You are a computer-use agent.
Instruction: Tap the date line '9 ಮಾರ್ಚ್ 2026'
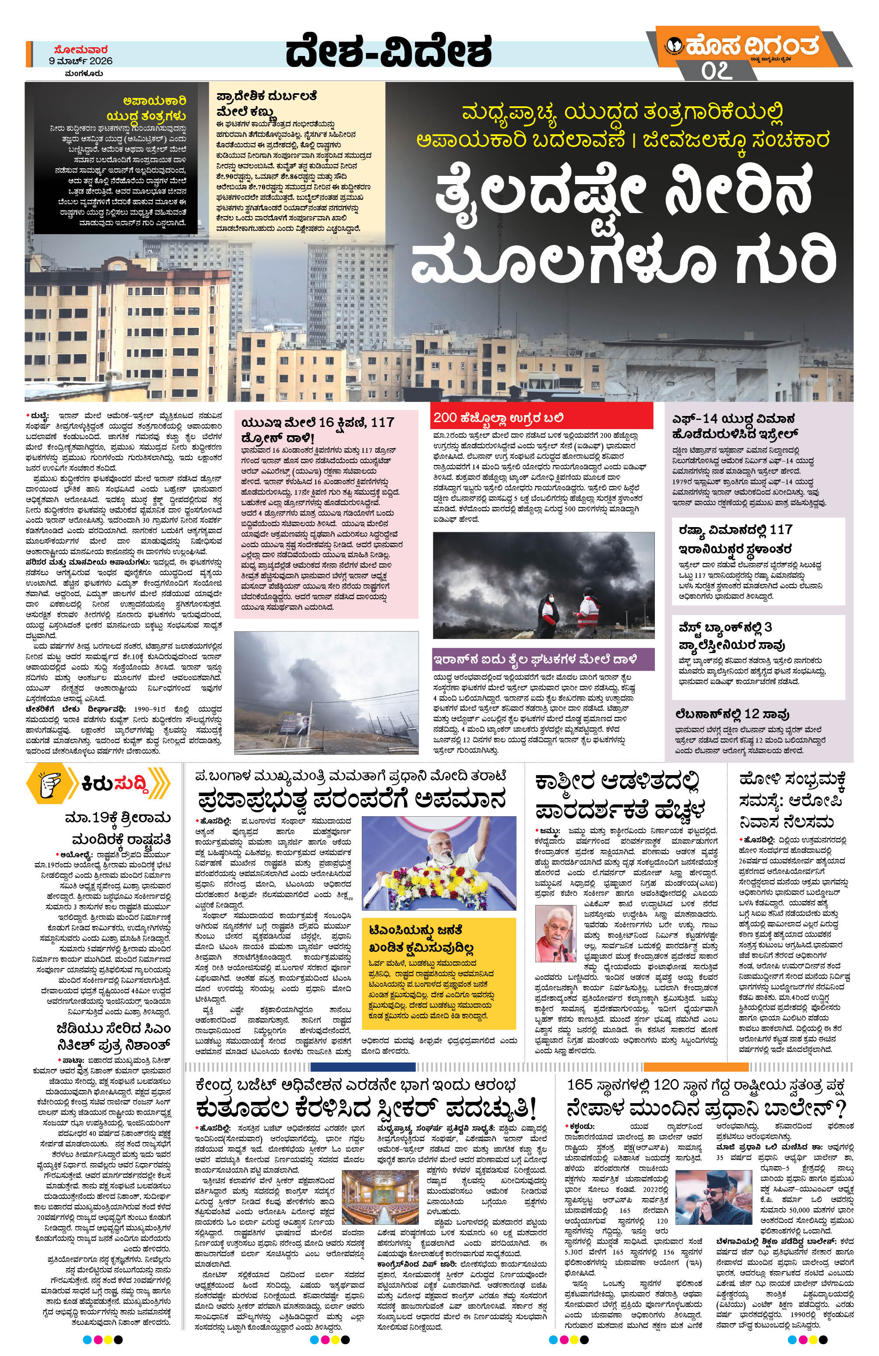tap(81, 60)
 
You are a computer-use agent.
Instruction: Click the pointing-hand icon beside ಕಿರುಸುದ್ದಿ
tap(53, 785)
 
